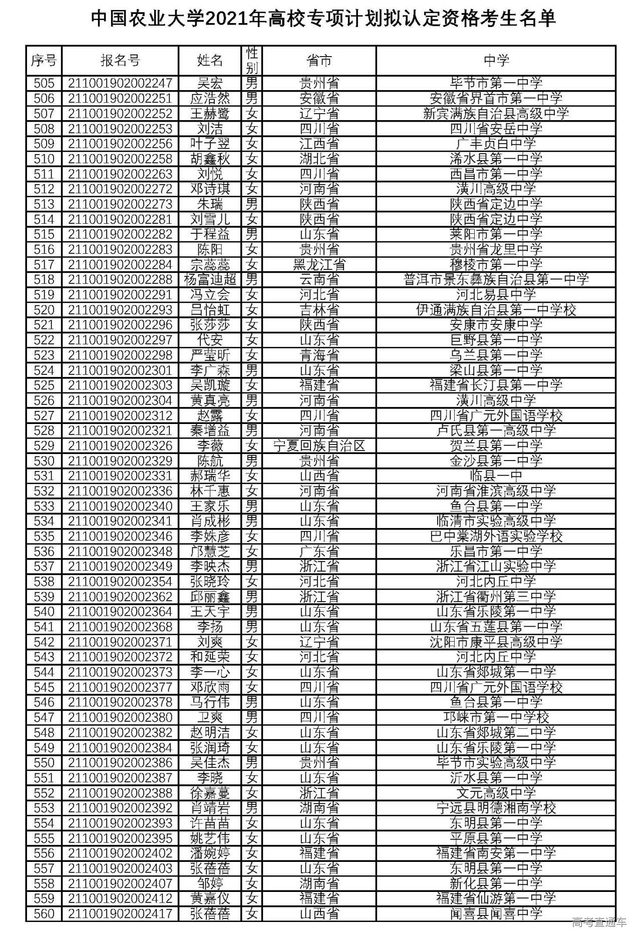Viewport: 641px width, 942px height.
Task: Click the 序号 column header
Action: (x=44, y=61)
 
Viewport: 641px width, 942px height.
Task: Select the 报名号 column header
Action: (x=120, y=61)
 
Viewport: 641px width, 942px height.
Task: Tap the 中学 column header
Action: (x=496, y=61)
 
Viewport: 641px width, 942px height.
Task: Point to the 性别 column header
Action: (x=252, y=61)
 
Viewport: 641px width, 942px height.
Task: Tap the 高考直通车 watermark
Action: (x=599, y=922)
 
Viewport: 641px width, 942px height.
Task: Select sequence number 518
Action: (x=44, y=280)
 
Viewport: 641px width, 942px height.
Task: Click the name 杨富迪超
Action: (x=210, y=280)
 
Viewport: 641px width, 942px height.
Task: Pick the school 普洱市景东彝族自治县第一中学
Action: (x=496, y=280)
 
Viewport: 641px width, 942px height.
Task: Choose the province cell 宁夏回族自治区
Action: (x=319, y=446)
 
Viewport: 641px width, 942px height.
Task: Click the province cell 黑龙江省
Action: (x=319, y=265)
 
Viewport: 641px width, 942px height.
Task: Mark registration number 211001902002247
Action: (x=120, y=83)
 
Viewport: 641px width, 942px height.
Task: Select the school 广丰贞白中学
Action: (x=496, y=144)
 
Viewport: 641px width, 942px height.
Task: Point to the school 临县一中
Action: (x=496, y=476)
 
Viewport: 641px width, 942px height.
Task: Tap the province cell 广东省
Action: (x=319, y=552)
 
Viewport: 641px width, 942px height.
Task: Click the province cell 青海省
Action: (x=319, y=355)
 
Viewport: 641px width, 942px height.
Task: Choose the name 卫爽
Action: (x=210, y=718)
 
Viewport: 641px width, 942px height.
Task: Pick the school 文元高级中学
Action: (x=496, y=793)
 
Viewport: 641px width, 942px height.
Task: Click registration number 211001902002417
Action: (x=120, y=914)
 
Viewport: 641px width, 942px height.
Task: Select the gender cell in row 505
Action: (x=252, y=83)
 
